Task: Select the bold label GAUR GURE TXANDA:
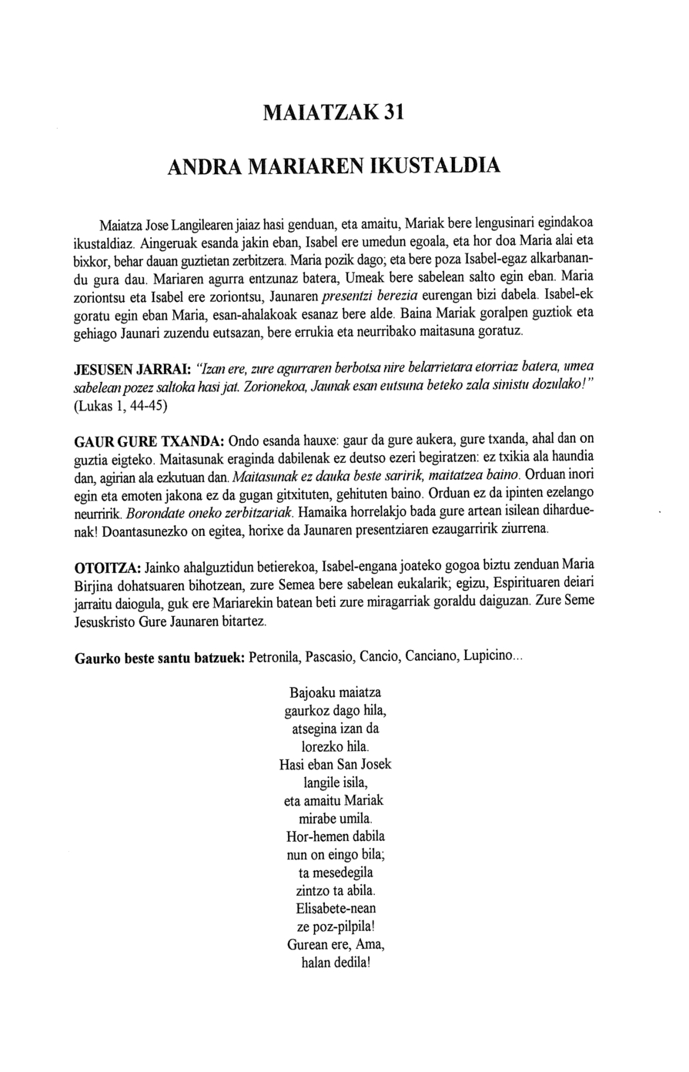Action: click(x=149, y=443)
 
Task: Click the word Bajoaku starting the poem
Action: click(x=310, y=692)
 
